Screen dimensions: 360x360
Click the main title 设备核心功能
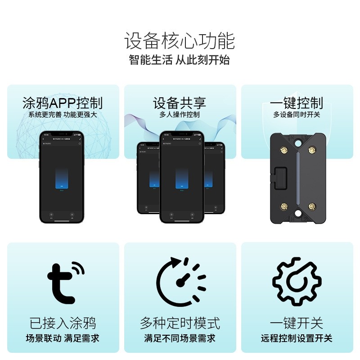(x=180, y=41)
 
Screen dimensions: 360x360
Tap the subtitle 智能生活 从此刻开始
(x=180, y=60)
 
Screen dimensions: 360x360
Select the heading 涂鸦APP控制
(x=63, y=103)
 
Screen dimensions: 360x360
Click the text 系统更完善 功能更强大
(x=63, y=115)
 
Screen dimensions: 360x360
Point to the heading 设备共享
(x=180, y=103)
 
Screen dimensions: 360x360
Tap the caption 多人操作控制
(x=180, y=115)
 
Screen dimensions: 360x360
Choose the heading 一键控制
(x=297, y=103)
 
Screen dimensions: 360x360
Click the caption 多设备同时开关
(x=297, y=115)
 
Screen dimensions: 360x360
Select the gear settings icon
(x=297, y=281)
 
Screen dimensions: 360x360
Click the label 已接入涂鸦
(x=63, y=323)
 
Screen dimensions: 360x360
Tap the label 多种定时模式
(x=180, y=323)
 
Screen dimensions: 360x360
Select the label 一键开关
(x=297, y=323)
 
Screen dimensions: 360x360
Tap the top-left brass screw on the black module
(x=284, y=150)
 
